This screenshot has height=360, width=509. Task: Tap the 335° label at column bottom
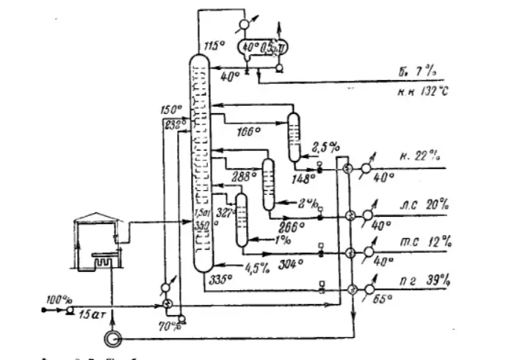click(x=219, y=278)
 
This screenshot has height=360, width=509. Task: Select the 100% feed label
click(x=57, y=300)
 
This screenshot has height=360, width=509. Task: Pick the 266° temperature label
click(x=292, y=227)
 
